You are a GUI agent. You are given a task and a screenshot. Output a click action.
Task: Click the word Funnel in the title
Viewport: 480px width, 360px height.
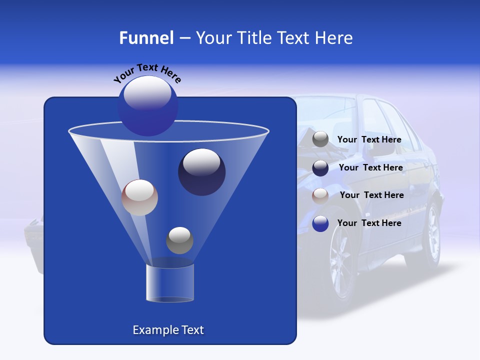[x=146, y=38]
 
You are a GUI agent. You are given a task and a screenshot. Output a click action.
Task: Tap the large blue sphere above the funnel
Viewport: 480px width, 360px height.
[x=148, y=105]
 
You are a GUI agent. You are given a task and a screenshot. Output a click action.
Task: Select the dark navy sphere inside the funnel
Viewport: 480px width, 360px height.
[x=201, y=172]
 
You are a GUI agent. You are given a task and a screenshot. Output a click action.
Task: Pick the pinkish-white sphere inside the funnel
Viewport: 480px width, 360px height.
[x=139, y=197]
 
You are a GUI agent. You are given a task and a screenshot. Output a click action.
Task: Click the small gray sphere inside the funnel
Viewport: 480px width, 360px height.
[x=179, y=240]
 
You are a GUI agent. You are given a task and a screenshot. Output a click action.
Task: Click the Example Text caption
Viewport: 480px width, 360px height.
[x=168, y=330]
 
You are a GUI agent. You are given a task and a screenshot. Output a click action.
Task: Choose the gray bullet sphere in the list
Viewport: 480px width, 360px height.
[x=320, y=139]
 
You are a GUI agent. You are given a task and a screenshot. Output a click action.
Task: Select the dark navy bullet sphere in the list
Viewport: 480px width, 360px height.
[x=320, y=168]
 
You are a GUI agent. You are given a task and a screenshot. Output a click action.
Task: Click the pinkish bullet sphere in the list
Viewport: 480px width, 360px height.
[x=320, y=196]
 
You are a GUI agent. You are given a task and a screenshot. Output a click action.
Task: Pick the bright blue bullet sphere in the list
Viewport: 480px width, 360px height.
[x=320, y=223]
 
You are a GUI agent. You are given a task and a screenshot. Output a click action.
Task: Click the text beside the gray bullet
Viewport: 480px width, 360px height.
[x=369, y=140]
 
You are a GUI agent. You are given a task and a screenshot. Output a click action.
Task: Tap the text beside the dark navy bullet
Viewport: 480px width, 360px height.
[x=370, y=168]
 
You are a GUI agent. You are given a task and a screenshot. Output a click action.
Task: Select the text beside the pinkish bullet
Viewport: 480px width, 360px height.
[x=371, y=195]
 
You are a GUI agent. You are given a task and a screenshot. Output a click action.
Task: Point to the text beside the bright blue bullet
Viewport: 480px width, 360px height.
[x=369, y=223]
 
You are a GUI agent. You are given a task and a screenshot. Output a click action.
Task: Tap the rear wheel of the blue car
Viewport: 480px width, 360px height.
[x=431, y=235]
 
